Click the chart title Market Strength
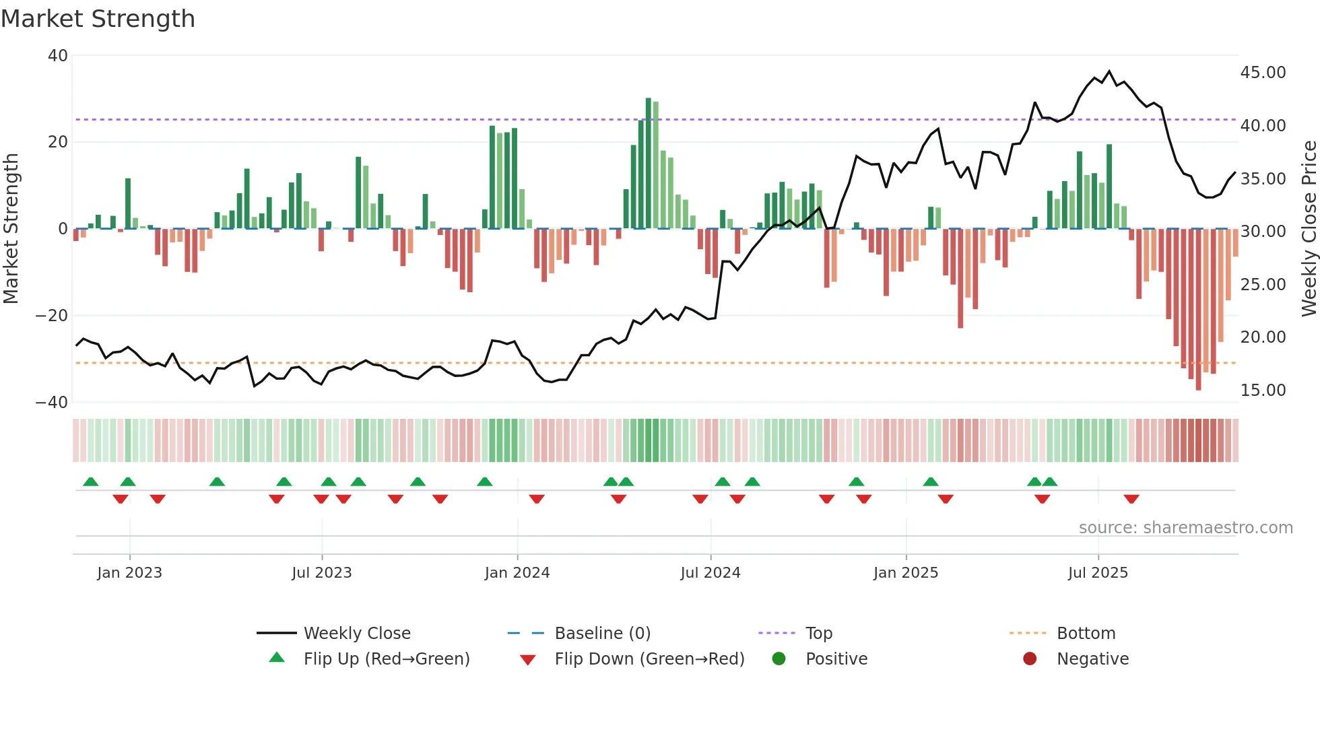[98, 19]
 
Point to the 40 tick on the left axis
[58, 56]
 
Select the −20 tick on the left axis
[53, 316]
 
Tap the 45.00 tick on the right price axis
[1263, 73]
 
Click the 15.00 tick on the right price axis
[1263, 391]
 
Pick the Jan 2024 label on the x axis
[517, 573]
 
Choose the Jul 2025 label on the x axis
[1097, 573]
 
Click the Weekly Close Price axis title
[1309, 229]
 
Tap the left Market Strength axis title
[11, 229]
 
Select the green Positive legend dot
[779, 659]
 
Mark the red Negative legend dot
[1030, 659]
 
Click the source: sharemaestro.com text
[1185, 528]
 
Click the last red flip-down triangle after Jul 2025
[1131, 499]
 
